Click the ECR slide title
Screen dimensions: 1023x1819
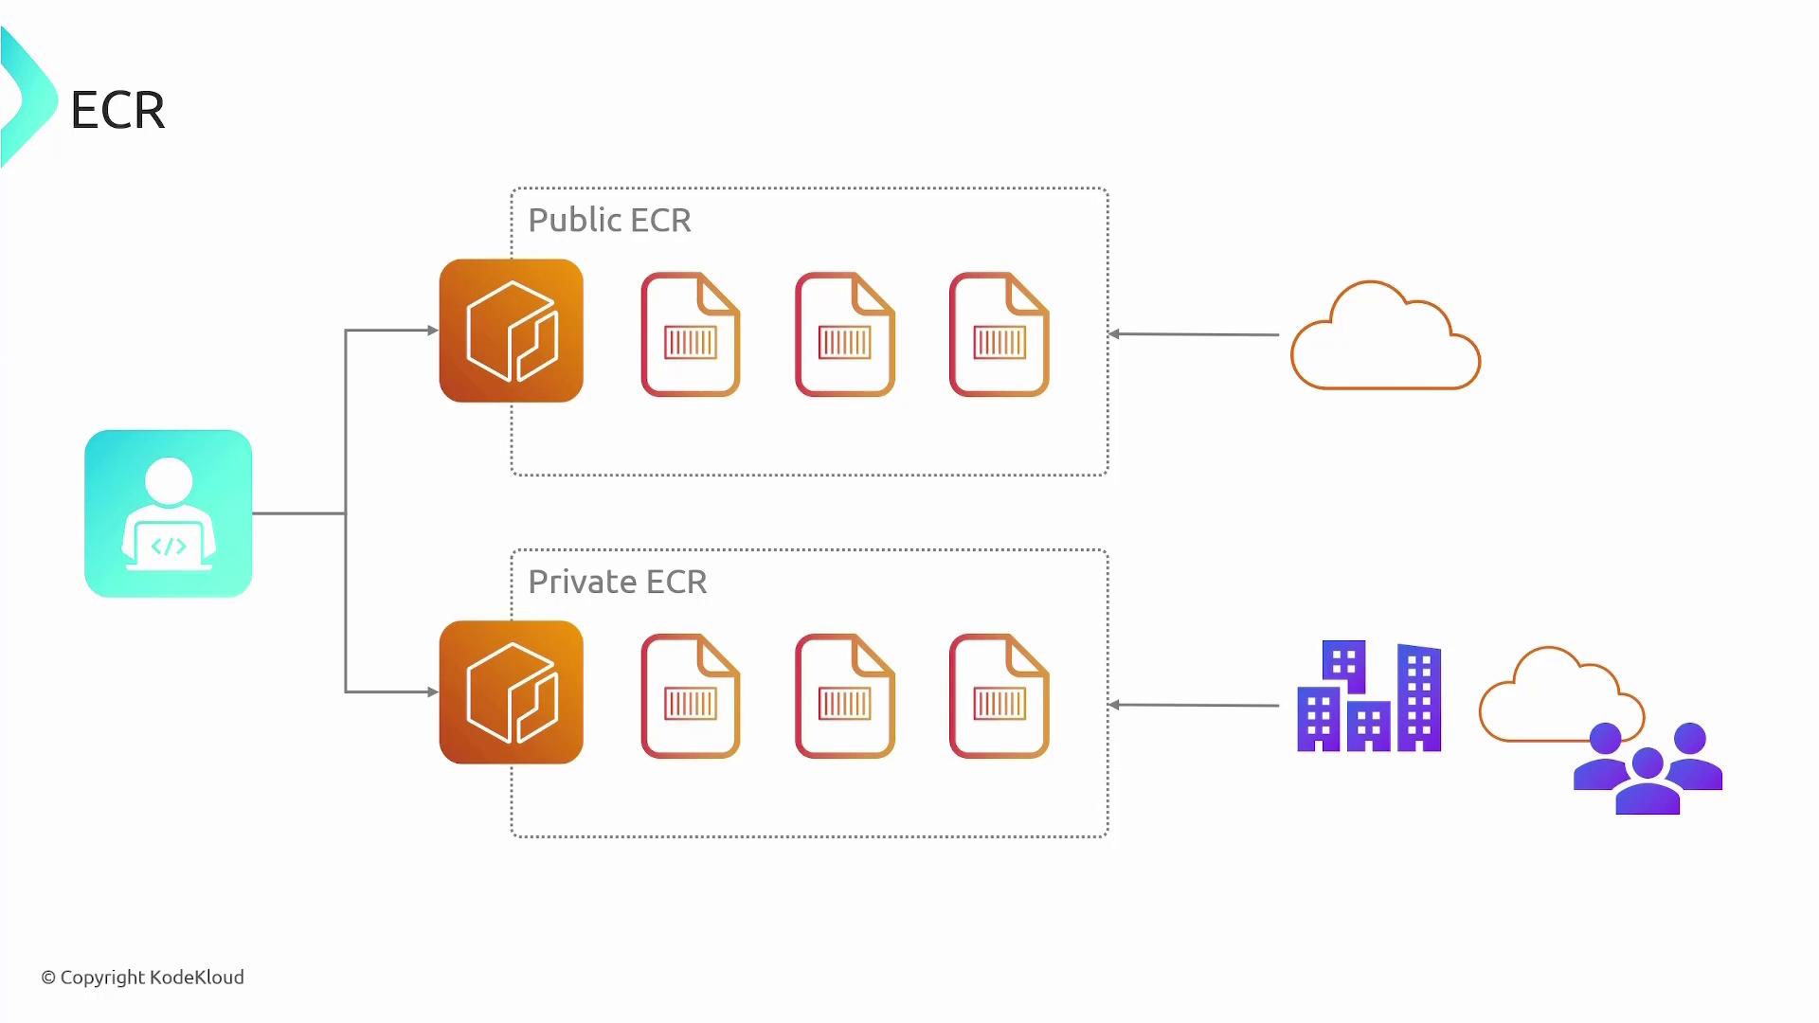coord(117,110)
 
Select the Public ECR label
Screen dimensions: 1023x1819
coord(609,220)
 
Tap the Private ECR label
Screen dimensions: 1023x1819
coord(617,582)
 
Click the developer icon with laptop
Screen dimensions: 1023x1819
coord(169,513)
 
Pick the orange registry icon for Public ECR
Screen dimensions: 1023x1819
coord(511,331)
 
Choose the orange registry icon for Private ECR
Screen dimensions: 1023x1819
coord(511,692)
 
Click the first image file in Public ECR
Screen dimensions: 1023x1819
coord(690,334)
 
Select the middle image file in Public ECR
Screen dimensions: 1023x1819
coord(844,334)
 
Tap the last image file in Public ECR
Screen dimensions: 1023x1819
coord(999,334)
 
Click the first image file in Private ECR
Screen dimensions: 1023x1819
coord(690,696)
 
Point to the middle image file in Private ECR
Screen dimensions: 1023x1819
coord(844,696)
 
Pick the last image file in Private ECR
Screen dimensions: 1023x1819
coord(999,696)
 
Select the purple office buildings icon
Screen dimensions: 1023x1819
coord(1369,697)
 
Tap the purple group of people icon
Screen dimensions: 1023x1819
coord(1648,769)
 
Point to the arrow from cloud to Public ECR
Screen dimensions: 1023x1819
coord(1194,334)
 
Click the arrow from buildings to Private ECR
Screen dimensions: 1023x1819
coord(1194,705)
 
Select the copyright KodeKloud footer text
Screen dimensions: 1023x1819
coord(142,978)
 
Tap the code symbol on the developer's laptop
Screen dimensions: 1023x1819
coord(169,547)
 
